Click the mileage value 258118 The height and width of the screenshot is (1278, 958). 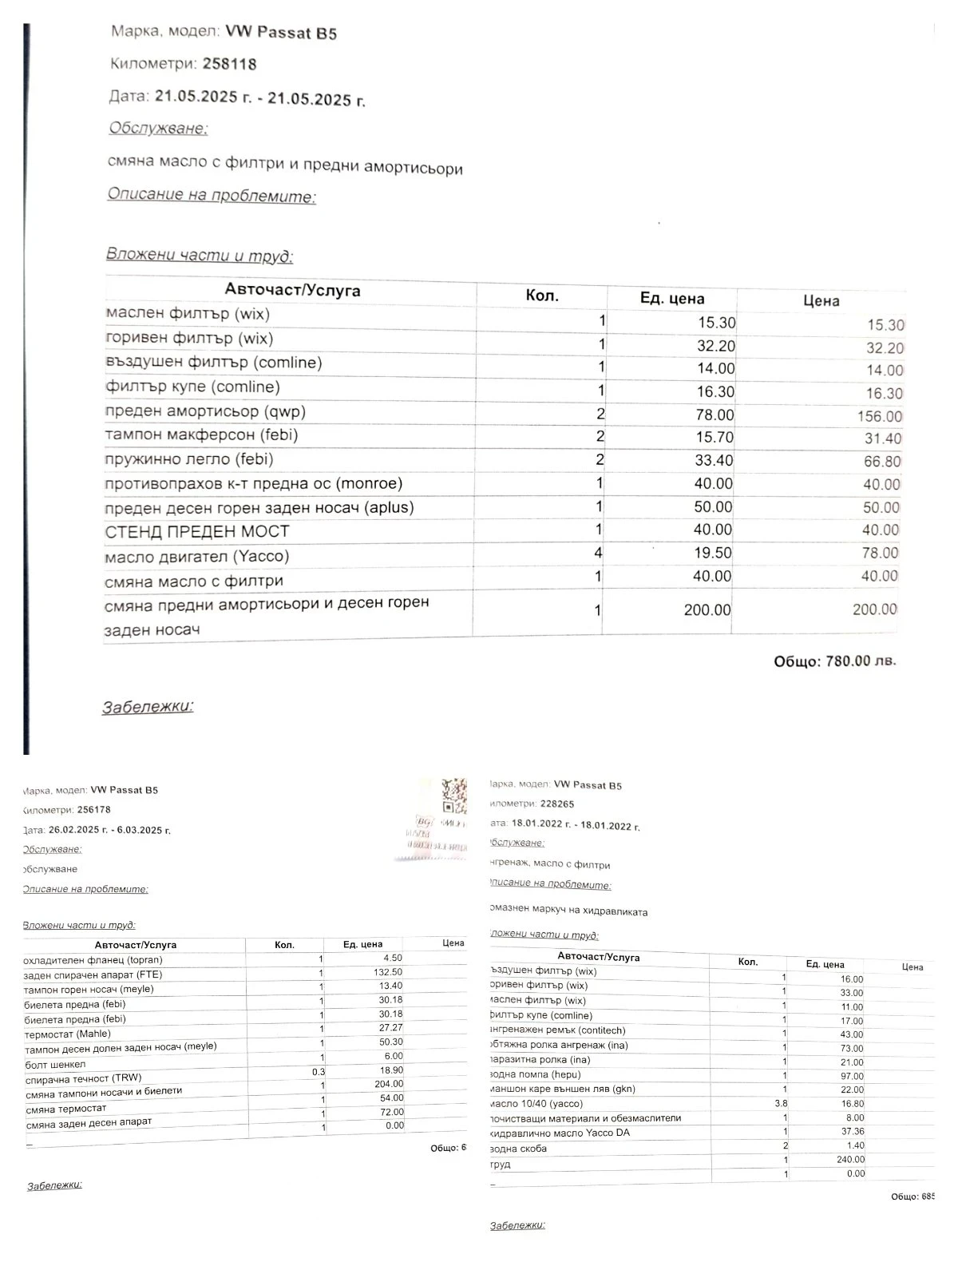pos(229,64)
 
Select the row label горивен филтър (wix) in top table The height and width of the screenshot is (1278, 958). pos(189,339)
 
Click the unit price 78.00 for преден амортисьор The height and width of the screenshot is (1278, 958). pos(714,415)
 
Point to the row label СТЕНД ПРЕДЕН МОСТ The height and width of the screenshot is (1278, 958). pos(197,532)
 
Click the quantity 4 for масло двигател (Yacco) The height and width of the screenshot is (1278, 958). pos(598,553)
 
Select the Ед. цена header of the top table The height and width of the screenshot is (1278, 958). pos(672,299)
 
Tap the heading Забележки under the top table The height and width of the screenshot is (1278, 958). pos(148,707)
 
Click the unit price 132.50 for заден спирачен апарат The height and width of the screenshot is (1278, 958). pos(387,972)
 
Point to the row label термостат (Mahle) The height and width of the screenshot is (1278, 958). pos(68,1034)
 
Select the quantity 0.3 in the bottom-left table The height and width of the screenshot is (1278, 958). pos(318,1072)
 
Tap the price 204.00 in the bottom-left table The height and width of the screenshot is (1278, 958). pos(390,1084)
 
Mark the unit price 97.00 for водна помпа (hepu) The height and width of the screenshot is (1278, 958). pos(851,1076)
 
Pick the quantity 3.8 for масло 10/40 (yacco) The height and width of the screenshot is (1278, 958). pos(780,1104)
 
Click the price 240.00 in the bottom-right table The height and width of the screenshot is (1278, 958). pos(849,1159)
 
